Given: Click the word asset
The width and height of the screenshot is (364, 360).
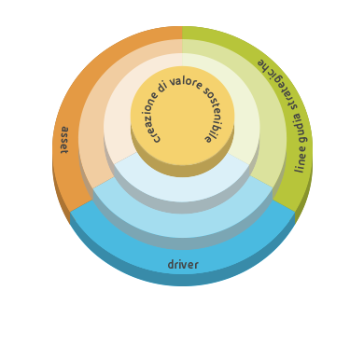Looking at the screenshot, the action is click(64, 140).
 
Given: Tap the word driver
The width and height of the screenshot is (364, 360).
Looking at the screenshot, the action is click(183, 265).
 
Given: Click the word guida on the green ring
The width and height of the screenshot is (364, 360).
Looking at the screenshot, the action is click(300, 129).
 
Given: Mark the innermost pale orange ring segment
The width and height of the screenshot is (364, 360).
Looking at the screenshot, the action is click(119, 124).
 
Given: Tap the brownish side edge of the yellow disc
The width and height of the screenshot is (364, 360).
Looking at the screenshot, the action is click(183, 171).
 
